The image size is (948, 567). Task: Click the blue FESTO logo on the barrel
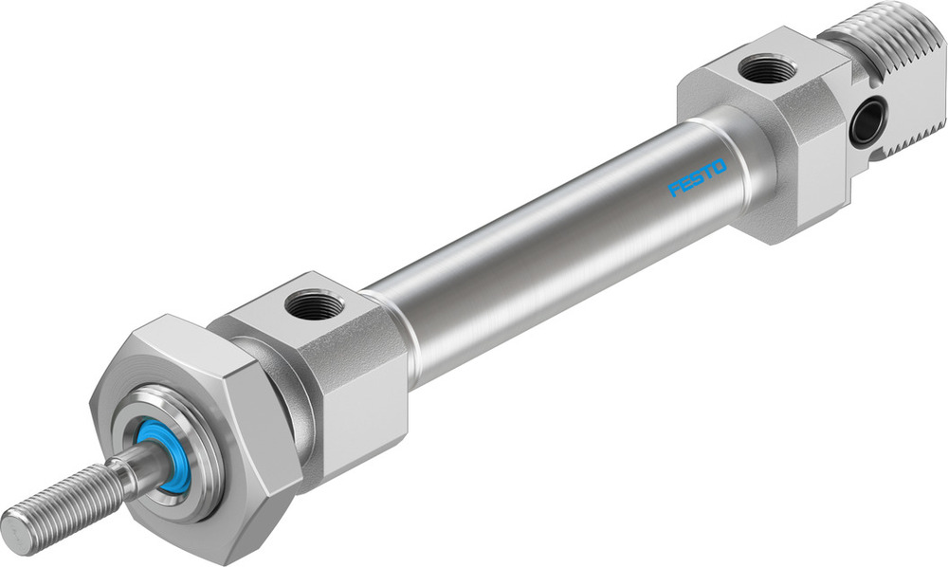697,177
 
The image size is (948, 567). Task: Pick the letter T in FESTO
707,173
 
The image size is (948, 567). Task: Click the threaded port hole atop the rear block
768,69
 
